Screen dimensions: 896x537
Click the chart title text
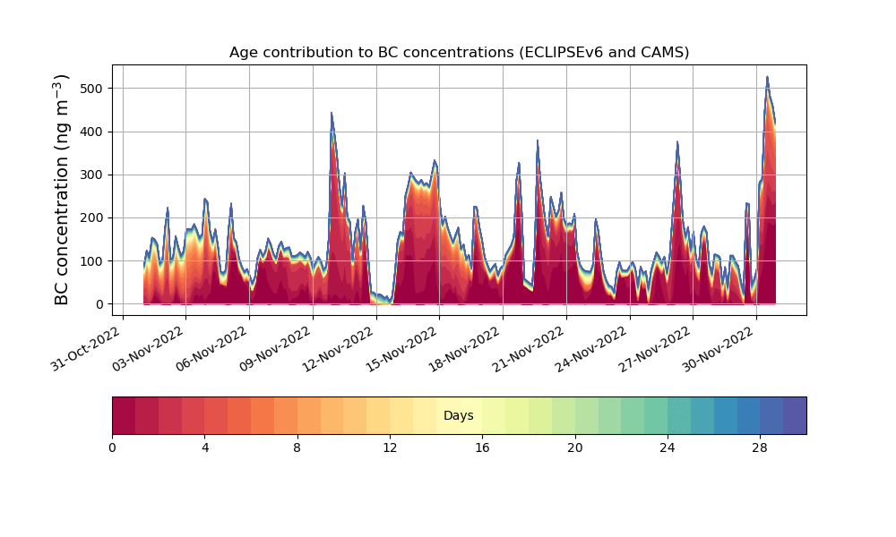[459, 53]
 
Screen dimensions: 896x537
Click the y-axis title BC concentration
[61, 190]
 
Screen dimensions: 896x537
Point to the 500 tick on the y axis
[95, 89]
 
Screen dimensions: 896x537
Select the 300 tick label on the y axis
[95, 175]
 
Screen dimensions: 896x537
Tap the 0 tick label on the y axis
[100, 304]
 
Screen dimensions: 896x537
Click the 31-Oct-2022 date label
[86, 349]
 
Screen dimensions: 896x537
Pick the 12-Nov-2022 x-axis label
[339, 349]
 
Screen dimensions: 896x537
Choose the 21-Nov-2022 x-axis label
[529, 349]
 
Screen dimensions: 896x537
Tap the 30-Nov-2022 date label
[719, 349]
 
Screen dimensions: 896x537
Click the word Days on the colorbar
[458, 415]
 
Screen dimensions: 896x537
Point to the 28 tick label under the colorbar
[760, 448]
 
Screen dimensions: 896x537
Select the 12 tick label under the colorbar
[390, 448]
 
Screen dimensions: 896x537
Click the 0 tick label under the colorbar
[112, 448]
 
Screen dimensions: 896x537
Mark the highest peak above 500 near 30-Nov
[767, 77]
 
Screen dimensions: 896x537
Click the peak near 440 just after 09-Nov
[332, 114]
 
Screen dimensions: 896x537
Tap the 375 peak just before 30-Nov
[677, 142]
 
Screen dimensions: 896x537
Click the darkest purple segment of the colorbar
[795, 415]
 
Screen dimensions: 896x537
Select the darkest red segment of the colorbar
[124, 415]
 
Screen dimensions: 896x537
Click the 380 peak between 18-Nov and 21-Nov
[537, 141]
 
